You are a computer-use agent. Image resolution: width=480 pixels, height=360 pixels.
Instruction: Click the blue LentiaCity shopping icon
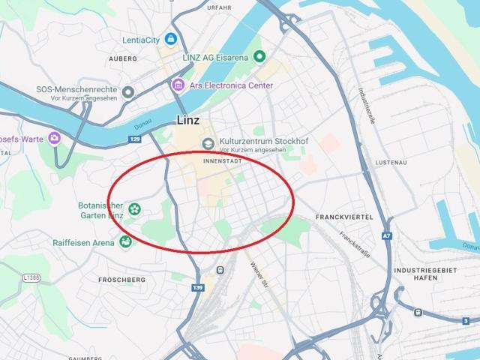click(x=172, y=38)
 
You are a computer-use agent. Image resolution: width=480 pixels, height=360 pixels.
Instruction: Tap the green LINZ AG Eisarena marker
click(x=260, y=56)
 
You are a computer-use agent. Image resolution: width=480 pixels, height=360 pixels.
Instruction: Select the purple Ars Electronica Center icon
click(x=178, y=84)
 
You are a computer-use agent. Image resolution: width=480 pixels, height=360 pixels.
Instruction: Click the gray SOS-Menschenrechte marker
click(x=128, y=92)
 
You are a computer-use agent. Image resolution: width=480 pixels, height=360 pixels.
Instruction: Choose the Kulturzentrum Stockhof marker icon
click(x=208, y=143)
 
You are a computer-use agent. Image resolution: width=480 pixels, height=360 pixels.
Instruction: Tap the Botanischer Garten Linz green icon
click(x=135, y=208)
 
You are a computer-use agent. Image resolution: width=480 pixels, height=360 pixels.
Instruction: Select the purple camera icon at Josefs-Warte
click(x=54, y=138)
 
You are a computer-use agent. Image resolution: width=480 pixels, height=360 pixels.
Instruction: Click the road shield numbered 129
click(x=135, y=139)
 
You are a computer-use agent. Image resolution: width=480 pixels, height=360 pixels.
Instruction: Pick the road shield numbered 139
click(x=198, y=287)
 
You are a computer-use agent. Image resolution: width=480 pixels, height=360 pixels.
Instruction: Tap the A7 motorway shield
click(x=387, y=235)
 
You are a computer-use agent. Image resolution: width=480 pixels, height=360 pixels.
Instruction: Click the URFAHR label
click(x=219, y=7)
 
